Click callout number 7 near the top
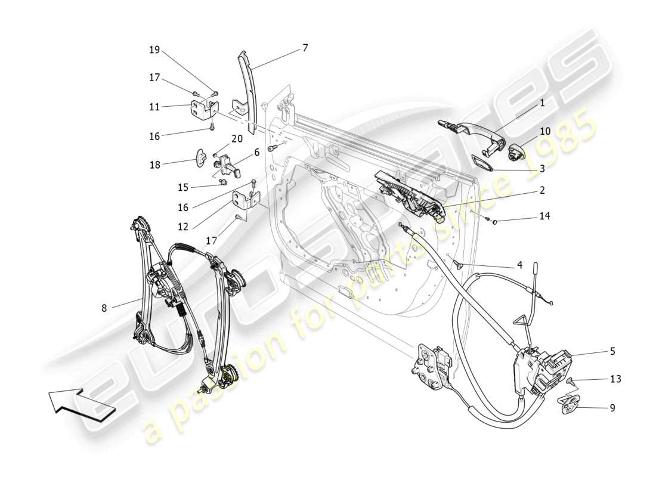[305, 48]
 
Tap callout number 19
[154, 50]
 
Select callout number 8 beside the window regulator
[104, 308]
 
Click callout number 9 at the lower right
[612, 408]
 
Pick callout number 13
[615, 379]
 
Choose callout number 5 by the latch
[612, 352]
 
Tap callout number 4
[519, 264]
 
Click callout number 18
[154, 165]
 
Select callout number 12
[182, 227]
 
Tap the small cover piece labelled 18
[202, 159]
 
